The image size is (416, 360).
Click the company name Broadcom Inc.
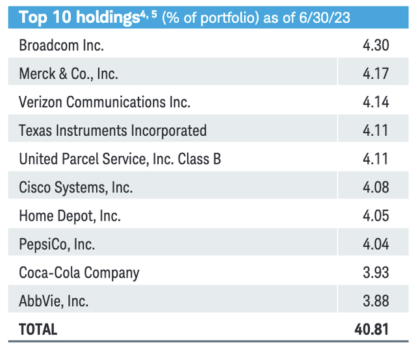61,45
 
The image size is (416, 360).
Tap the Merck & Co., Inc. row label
69,74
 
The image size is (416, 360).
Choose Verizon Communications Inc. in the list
105,102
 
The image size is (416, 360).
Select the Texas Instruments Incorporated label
113,131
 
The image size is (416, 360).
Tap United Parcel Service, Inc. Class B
120,159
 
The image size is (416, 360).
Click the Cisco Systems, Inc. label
76,188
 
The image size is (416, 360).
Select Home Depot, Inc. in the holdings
70,216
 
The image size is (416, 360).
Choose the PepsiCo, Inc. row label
57,244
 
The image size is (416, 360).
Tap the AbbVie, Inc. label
54,301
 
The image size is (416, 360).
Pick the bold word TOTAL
38,329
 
